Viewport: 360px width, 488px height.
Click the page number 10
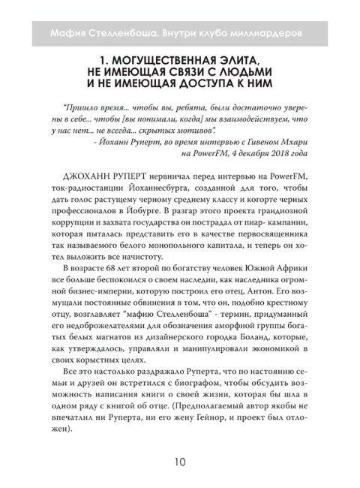tap(179, 459)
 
